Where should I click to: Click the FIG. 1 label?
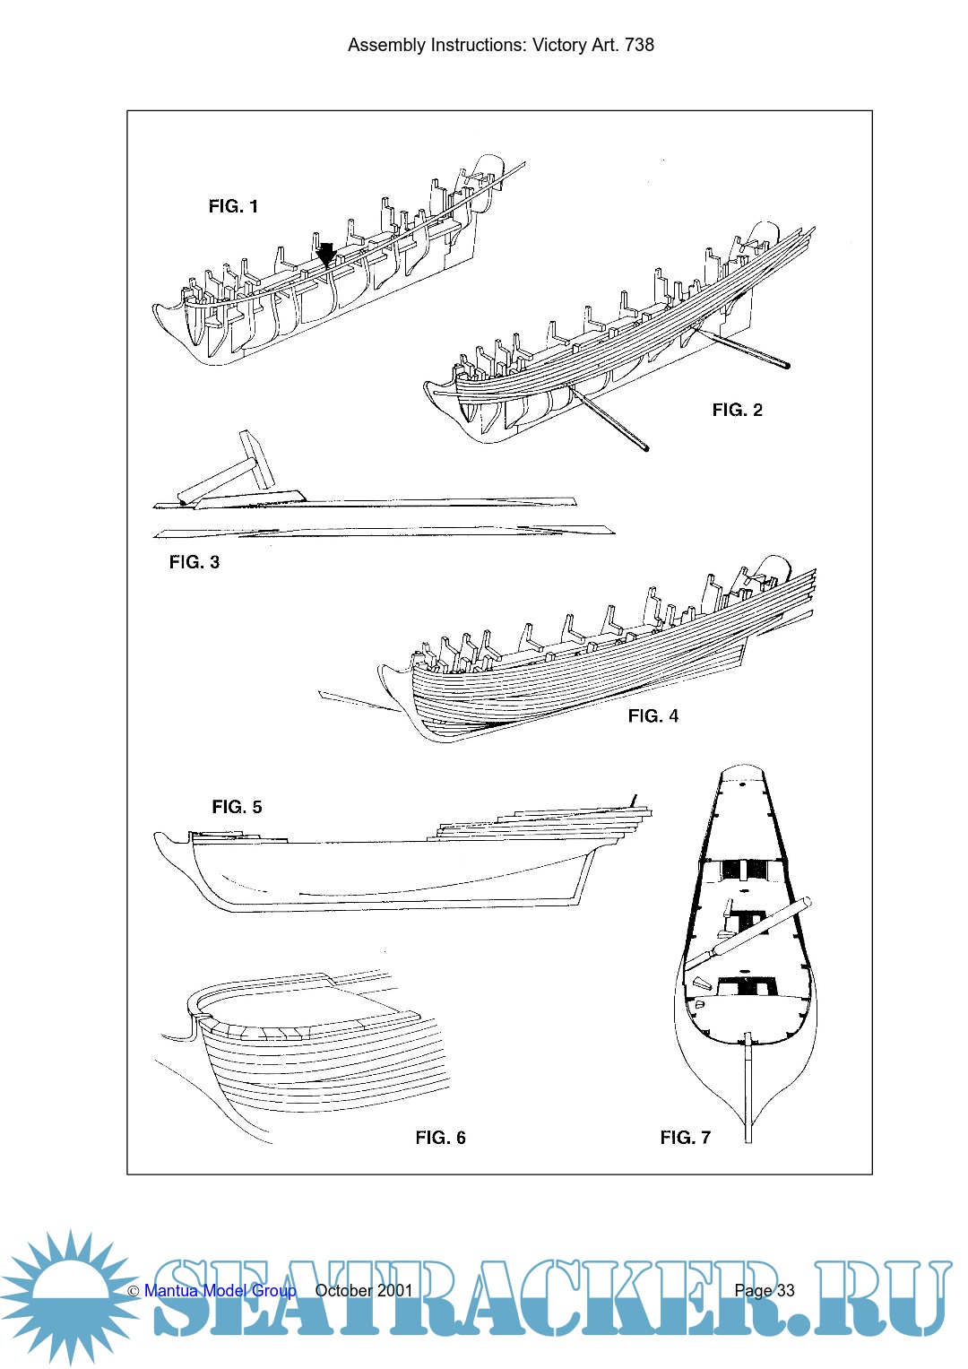coord(233,206)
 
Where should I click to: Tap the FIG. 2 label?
coord(737,410)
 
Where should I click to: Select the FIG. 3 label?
coord(194,562)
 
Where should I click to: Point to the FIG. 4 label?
coord(653,715)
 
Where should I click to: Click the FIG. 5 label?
coord(237,807)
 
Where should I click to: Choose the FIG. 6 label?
coord(440,1138)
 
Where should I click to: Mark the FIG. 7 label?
coord(685,1138)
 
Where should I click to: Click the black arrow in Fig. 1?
coord(327,254)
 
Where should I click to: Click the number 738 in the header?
coord(639,45)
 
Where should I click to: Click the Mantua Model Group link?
coord(220,1291)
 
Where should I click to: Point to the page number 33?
coord(785,1291)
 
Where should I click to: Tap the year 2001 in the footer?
coord(394,1291)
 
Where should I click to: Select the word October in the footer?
coord(343,1291)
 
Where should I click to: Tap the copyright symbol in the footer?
coord(134,1292)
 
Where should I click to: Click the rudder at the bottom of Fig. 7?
coord(748,1089)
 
